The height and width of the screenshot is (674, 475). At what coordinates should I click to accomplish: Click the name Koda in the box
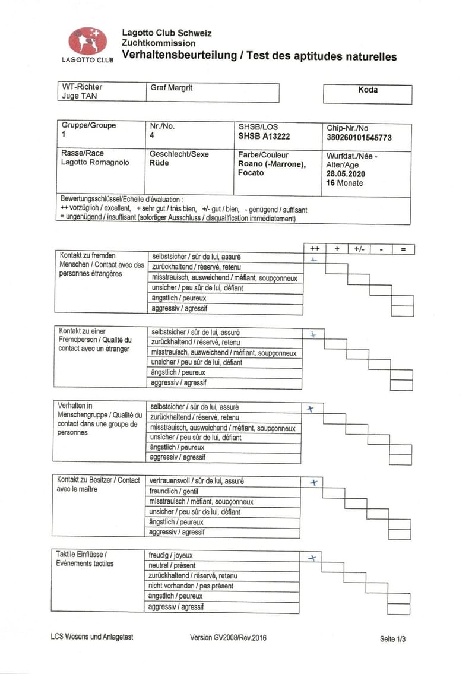pos(368,90)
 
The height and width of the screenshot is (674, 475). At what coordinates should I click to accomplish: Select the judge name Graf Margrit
pos(172,88)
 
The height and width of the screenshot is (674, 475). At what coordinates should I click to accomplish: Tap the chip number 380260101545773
pos(359,137)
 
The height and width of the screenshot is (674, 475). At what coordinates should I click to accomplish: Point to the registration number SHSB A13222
pos(264,137)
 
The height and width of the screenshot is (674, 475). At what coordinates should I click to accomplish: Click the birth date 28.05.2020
pos(346,174)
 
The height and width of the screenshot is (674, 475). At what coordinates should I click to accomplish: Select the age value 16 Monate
pos(344,183)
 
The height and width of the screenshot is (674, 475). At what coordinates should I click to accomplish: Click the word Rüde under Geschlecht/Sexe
pos(159,163)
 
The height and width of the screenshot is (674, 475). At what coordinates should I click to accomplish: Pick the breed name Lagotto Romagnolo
pos(95,163)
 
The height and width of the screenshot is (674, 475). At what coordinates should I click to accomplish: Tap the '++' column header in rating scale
pos(315,249)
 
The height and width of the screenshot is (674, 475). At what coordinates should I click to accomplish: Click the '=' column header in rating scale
pos(403,249)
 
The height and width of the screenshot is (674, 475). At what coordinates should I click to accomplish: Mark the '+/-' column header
pos(359,249)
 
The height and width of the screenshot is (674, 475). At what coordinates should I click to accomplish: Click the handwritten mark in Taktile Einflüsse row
pos(312,558)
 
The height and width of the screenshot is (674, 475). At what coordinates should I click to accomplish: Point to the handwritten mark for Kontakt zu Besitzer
pos(314,482)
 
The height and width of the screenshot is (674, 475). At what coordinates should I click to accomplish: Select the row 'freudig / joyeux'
pos(223,555)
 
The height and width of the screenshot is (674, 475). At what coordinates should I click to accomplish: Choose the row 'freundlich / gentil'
pos(223,491)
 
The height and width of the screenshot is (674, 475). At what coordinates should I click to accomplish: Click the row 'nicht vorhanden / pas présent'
pos(223,586)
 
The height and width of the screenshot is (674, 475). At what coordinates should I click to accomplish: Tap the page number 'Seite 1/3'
pos(393,639)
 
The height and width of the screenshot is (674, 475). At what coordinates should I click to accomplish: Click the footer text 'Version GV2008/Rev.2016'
pos(228,637)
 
